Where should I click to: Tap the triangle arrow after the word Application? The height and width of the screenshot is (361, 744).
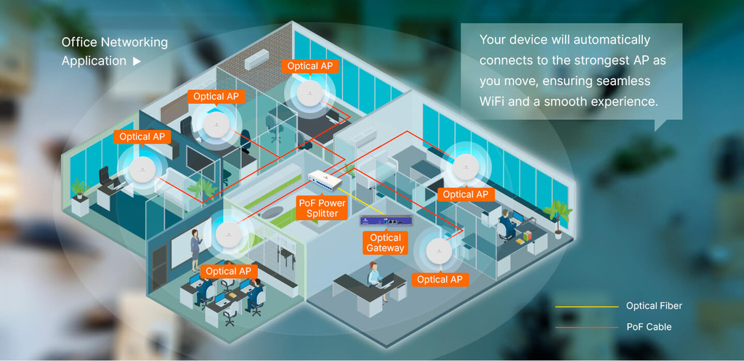coord(137,62)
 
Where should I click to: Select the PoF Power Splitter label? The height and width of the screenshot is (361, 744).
coord(323,208)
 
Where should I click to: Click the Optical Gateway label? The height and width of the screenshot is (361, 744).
coord(385,243)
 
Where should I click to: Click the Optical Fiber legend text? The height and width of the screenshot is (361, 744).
coord(654,307)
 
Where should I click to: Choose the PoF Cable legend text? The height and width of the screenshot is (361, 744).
coord(649,327)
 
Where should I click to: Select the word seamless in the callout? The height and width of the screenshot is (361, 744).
coord(623,81)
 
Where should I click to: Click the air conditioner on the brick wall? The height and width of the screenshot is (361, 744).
coord(257,60)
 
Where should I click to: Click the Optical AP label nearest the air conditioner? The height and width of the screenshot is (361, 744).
coord(310,66)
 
